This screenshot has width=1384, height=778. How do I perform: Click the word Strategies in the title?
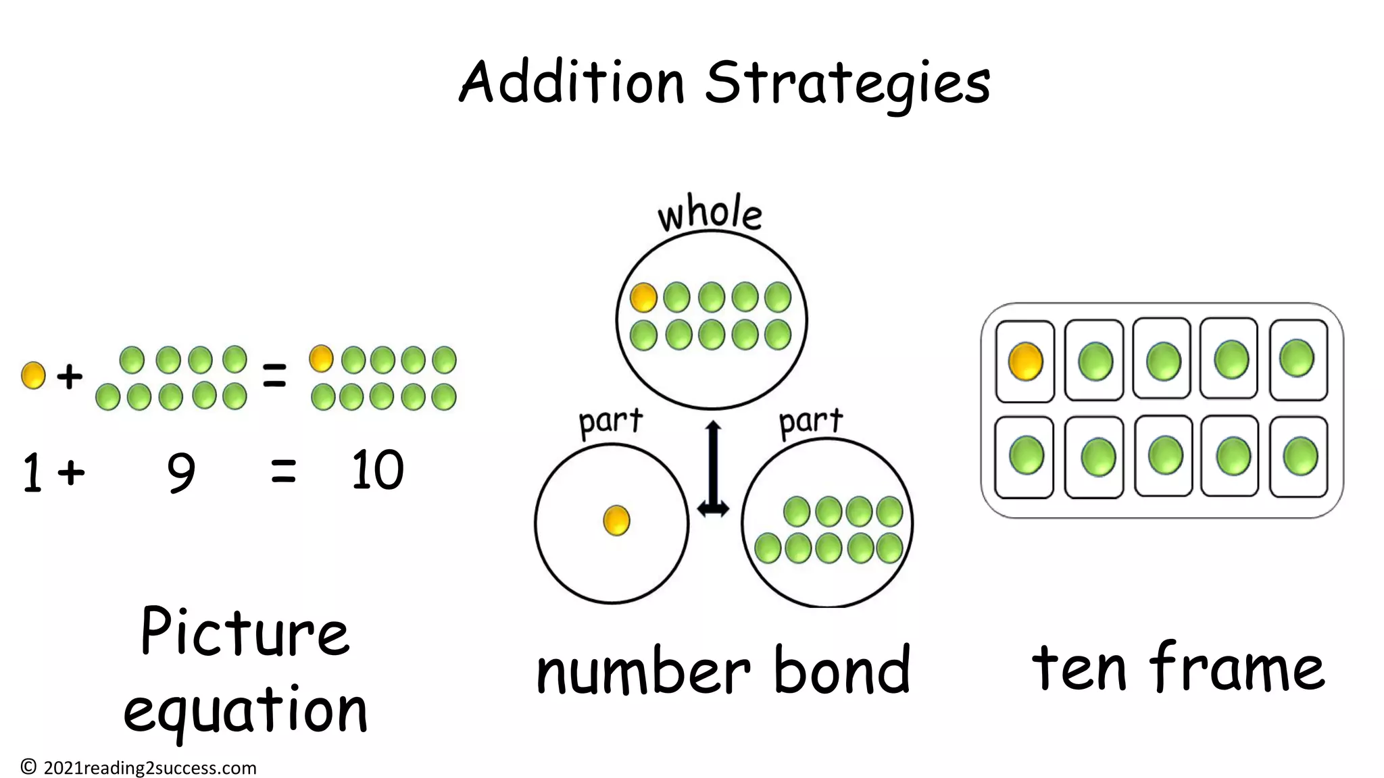[847, 84]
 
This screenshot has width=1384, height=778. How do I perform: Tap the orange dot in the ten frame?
[1025, 361]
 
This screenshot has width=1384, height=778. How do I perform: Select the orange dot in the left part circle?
[616, 521]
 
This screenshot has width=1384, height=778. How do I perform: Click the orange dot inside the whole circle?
[643, 297]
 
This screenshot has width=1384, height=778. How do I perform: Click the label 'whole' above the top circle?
[710, 213]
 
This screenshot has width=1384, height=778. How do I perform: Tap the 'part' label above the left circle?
[610, 422]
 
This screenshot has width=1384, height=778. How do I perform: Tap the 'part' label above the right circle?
[811, 422]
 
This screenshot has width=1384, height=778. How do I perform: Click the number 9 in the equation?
[181, 472]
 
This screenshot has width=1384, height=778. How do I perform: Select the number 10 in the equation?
[377, 470]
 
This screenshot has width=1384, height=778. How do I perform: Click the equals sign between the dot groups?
[274, 375]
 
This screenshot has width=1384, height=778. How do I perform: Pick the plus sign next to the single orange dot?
[69, 376]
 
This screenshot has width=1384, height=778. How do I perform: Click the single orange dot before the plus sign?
[33, 375]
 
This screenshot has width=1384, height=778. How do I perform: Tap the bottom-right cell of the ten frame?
[1298, 457]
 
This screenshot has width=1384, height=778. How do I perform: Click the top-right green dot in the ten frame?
[1297, 358]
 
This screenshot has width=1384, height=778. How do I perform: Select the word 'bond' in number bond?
[841, 670]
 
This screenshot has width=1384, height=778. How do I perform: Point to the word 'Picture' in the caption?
[245, 632]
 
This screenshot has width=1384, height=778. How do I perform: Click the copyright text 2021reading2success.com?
[149, 768]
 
